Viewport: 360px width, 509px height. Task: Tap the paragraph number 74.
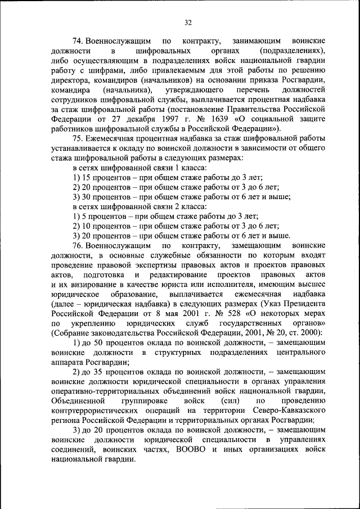[78, 42]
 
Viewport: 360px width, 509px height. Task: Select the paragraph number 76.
[78, 246]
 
